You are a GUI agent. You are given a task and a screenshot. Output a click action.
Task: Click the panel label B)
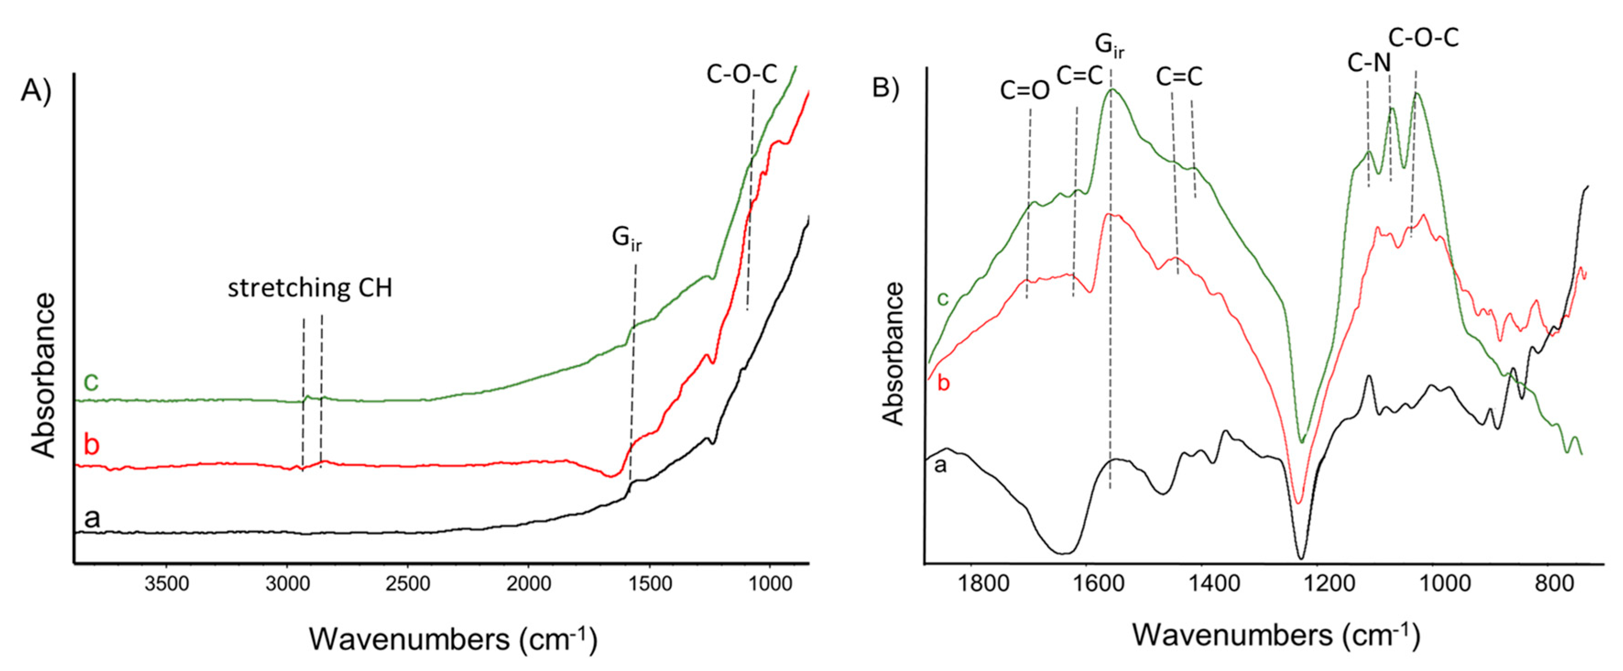click(885, 87)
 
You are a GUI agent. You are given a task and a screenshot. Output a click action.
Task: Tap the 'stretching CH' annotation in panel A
click(310, 288)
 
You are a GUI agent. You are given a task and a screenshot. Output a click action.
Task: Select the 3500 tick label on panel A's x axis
click(166, 584)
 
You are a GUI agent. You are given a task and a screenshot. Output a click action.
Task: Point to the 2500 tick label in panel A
click(408, 584)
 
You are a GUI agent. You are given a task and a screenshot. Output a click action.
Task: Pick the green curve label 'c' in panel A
click(91, 382)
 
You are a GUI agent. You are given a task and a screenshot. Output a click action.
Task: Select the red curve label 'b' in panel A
click(91, 445)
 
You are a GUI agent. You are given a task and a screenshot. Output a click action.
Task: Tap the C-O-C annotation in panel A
click(741, 74)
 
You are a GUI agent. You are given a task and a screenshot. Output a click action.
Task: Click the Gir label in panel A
click(626, 238)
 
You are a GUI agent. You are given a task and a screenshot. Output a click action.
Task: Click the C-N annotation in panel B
click(1368, 63)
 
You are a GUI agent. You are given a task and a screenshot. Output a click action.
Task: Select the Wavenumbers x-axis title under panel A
click(452, 639)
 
